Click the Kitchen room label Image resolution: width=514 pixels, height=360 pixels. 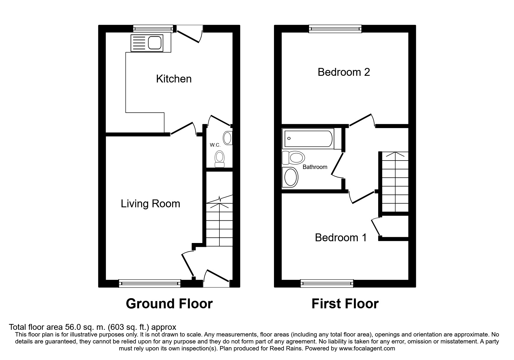click(174, 79)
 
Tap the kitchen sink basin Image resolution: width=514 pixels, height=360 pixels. click(154, 43)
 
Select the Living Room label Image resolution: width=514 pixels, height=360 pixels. click(150, 204)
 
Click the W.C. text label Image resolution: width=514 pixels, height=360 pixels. click(216, 145)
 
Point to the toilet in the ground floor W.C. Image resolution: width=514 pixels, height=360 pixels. click(219, 159)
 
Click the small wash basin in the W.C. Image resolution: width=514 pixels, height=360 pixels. click(228, 138)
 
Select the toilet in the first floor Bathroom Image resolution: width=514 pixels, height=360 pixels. click(294, 158)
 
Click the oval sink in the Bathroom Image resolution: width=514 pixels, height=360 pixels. click(291, 177)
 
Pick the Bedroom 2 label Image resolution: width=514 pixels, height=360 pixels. click(344, 72)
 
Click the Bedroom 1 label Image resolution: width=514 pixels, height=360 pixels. click(341, 238)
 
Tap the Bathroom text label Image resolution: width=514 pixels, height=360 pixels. click(315, 167)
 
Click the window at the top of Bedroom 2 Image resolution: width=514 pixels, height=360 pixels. click(335, 28)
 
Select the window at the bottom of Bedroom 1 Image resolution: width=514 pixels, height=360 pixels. click(327, 283)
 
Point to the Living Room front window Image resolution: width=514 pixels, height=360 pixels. click(150, 283)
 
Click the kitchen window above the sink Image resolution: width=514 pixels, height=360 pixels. click(153, 28)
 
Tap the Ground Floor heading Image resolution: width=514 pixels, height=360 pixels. click(169, 304)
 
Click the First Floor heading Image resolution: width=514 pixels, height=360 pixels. click(345, 304)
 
